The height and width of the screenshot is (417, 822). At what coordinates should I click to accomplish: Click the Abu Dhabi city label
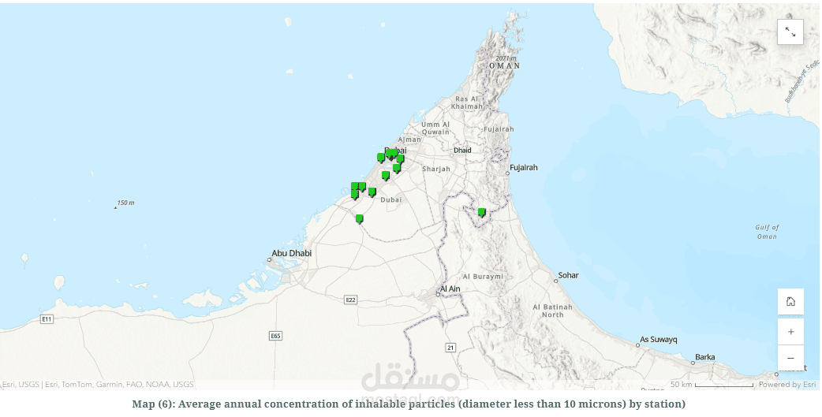[291, 253]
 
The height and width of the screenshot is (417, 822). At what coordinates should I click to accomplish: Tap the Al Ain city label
[450, 289]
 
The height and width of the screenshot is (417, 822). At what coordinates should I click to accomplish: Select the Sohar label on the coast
[568, 275]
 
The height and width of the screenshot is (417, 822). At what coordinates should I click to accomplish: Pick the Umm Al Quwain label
[435, 128]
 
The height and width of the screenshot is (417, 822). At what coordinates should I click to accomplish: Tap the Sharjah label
[436, 169]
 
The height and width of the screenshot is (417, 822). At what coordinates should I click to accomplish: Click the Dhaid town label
[462, 150]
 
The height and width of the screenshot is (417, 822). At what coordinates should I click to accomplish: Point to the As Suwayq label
[659, 340]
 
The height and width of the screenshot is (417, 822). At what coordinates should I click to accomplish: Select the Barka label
[704, 357]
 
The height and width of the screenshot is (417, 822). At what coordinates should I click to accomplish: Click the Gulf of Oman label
[767, 232]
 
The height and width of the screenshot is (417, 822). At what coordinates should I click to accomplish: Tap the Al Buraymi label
[482, 277]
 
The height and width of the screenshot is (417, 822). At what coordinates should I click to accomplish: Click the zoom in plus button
[790, 332]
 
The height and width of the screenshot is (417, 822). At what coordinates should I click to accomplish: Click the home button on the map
[790, 301]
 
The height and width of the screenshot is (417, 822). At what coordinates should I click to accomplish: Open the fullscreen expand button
[790, 32]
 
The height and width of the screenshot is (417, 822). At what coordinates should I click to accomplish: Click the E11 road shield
[47, 318]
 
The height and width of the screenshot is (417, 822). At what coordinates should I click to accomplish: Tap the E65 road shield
[275, 336]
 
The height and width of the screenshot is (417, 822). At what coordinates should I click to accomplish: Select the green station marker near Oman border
[481, 212]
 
